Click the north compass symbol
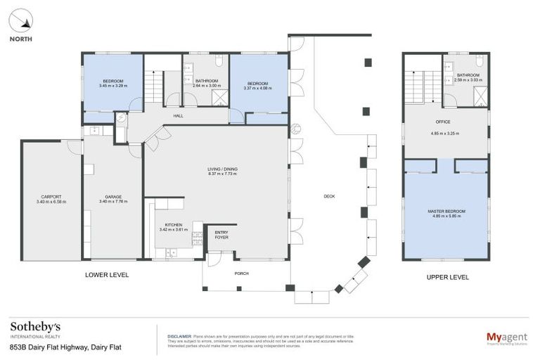point(21,21)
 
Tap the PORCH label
point(241,273)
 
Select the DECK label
point(328,196)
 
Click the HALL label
point(179,116)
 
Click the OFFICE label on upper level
point(442,122)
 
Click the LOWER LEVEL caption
point(107,275)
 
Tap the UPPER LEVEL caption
point(447,277)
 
